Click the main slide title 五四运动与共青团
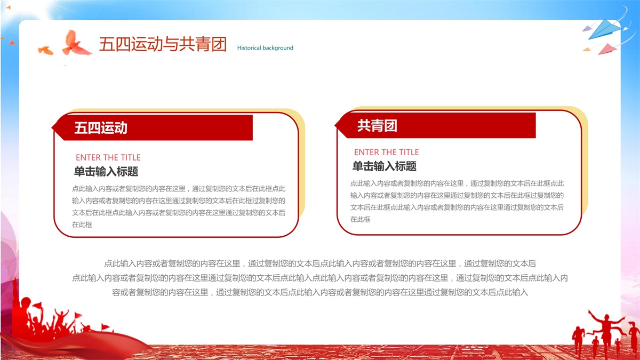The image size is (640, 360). click(x=163, y=44)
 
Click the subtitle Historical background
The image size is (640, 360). click(x=265, y=47)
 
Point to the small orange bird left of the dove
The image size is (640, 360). click(x=45, y=50)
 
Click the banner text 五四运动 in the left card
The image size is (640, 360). click(x=101, y=127)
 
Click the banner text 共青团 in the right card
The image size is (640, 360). click(x=377, y=125)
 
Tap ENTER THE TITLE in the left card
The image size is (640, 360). click(x=108, y=157)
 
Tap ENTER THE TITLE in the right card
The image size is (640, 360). click(x=386, y=152)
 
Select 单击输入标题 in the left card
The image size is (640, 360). click(x=106, y=171)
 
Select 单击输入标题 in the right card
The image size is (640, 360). click(x=385, y=166)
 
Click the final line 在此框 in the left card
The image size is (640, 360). click(x=82, y=225)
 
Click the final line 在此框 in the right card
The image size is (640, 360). click(x=361, y=219)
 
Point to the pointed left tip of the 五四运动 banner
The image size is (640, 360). click(x=52, y=127)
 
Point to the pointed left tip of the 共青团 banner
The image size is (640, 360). click(x=335, y=125)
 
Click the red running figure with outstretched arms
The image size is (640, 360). click(x=606, y=331)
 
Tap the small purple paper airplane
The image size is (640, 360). click(x=587, y=29)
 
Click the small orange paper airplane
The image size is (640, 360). click(x=587, y=50)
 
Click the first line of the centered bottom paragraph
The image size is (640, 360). click(x=320, y=263)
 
